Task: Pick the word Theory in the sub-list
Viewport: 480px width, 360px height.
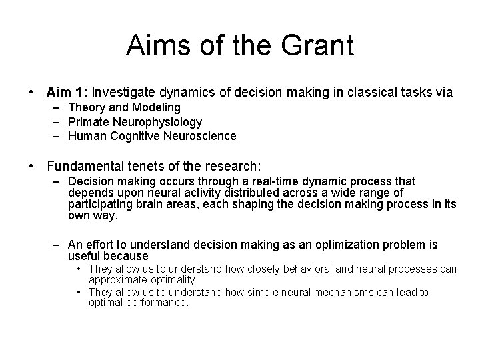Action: pyautogui.click(x=85, y=107)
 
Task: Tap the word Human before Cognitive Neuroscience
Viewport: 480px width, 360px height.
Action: pyautogui.click(x=85, y=136)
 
